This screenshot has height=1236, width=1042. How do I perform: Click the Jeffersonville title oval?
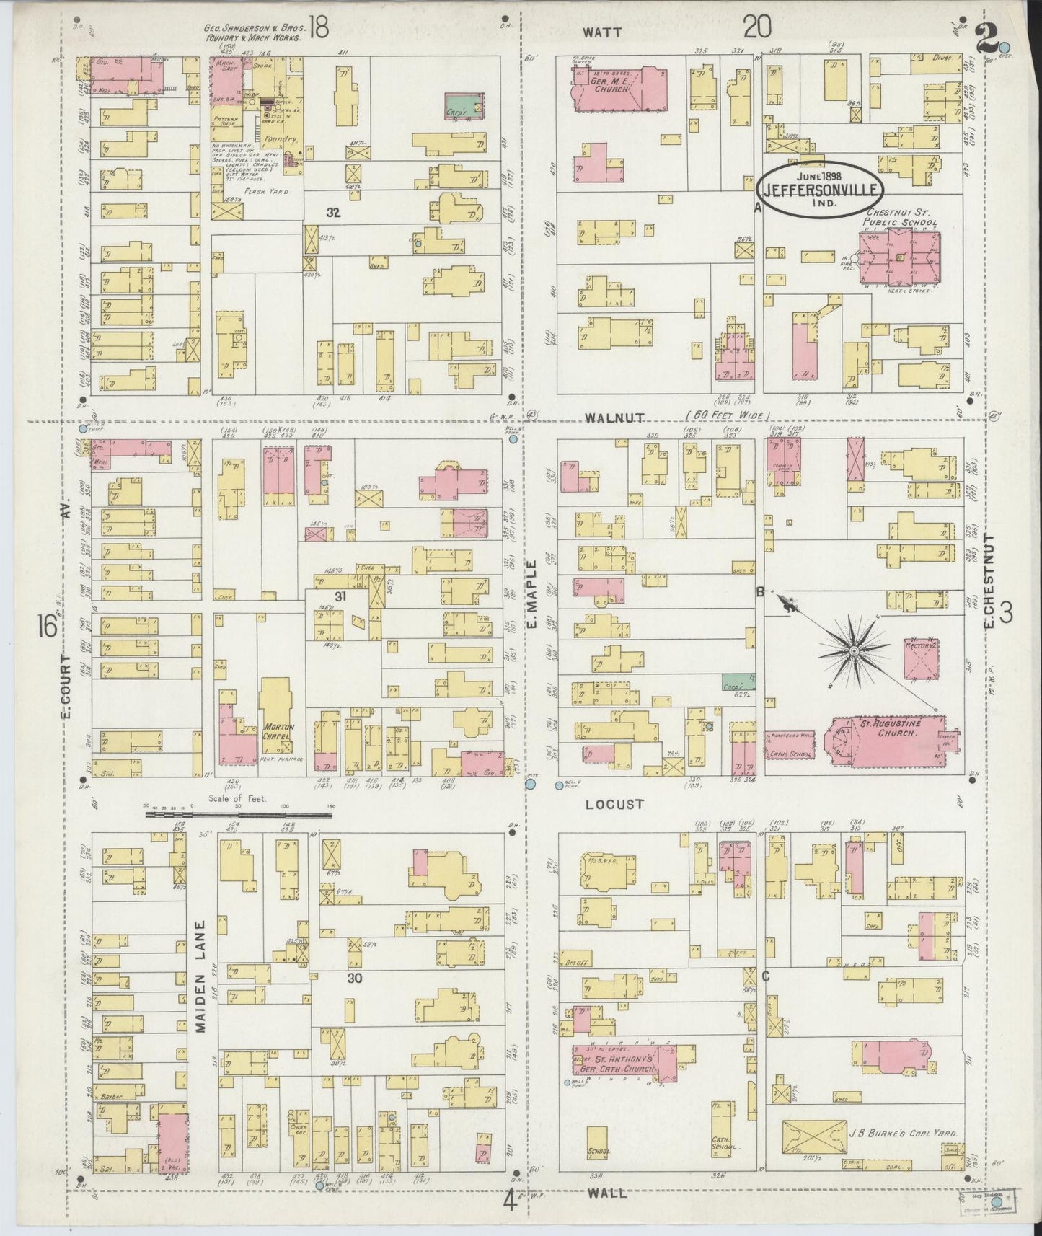pos(821,190)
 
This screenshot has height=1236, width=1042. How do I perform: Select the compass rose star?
pos(854,650)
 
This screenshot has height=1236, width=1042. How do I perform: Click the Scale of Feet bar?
pos(238,815)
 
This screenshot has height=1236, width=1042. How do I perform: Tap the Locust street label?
pos(614,803)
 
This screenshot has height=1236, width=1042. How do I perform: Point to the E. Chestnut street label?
pos(990,580)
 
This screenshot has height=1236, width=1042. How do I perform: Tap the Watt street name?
pos(603,32)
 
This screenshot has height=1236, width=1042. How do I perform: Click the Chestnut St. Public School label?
pos(901,218)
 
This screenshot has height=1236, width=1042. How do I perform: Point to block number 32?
pos(332,213)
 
